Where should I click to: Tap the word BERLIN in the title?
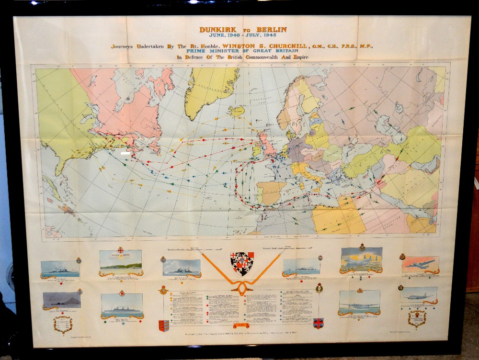tap(270, 30)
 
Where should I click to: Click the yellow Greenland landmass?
tap(211, 89)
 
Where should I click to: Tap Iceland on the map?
tap(237, 111)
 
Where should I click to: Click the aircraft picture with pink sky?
tap(420, 264)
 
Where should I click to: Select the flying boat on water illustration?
tap(359, 302)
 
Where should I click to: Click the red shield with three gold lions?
tap(164, 326)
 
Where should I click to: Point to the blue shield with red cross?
tap(318, 323)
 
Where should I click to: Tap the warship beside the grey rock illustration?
tap(61, 300)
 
